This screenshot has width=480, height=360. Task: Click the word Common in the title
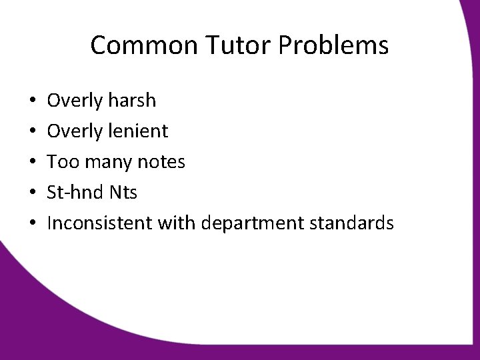click(x=141, y=46)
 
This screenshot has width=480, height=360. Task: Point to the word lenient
click(x=136, y=131)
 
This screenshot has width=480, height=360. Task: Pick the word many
click(x=107, y=162)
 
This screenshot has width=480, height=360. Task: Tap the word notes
click(x=161, y=162)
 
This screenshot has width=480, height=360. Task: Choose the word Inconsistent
click(x=100, y=223)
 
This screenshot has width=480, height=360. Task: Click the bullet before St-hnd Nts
click(x=33, y=193)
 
